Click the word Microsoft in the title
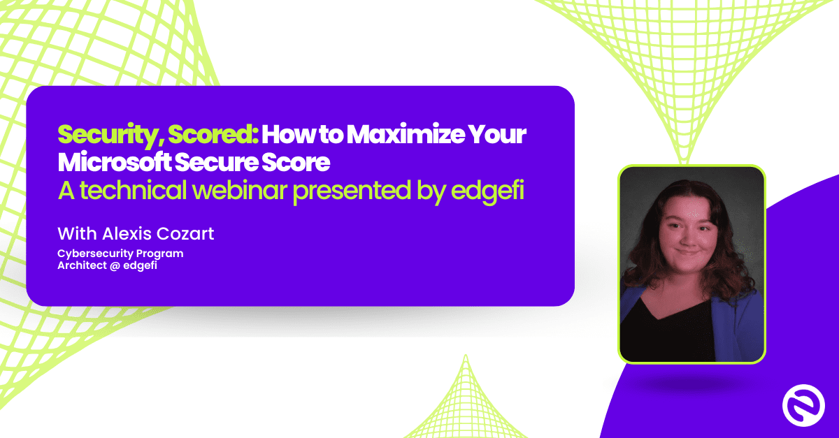114,162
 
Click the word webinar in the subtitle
240,190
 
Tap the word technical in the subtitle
133,190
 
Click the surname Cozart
185,233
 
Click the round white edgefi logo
803,405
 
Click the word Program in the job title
159,254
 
